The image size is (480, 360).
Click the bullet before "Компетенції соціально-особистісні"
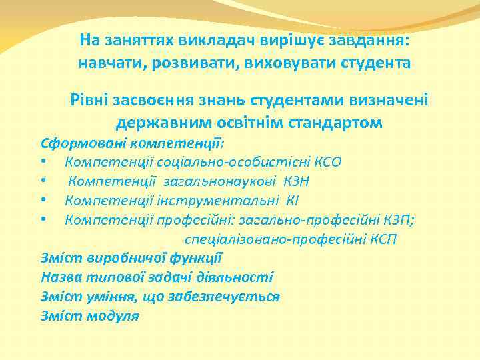pyautogui.click(x=43, y=161)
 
